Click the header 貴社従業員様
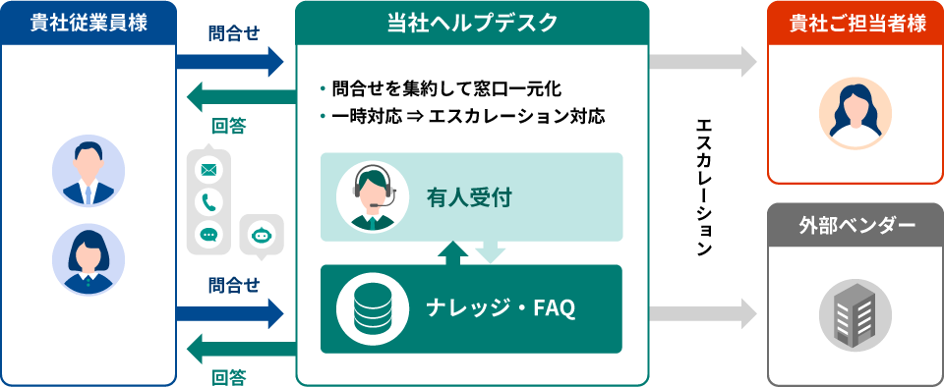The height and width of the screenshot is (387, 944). [88, 23]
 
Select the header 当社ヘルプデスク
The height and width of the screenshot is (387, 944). [472, 23]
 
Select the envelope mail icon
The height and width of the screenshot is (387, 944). [208, 170]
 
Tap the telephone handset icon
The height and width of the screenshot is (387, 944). [208, 202]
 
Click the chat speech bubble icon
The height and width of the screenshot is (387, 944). [208, 234]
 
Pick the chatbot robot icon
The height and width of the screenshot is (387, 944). [261, 234]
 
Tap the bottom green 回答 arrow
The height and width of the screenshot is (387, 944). [240, 346]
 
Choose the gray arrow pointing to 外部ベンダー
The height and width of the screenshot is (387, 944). [702, 314]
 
